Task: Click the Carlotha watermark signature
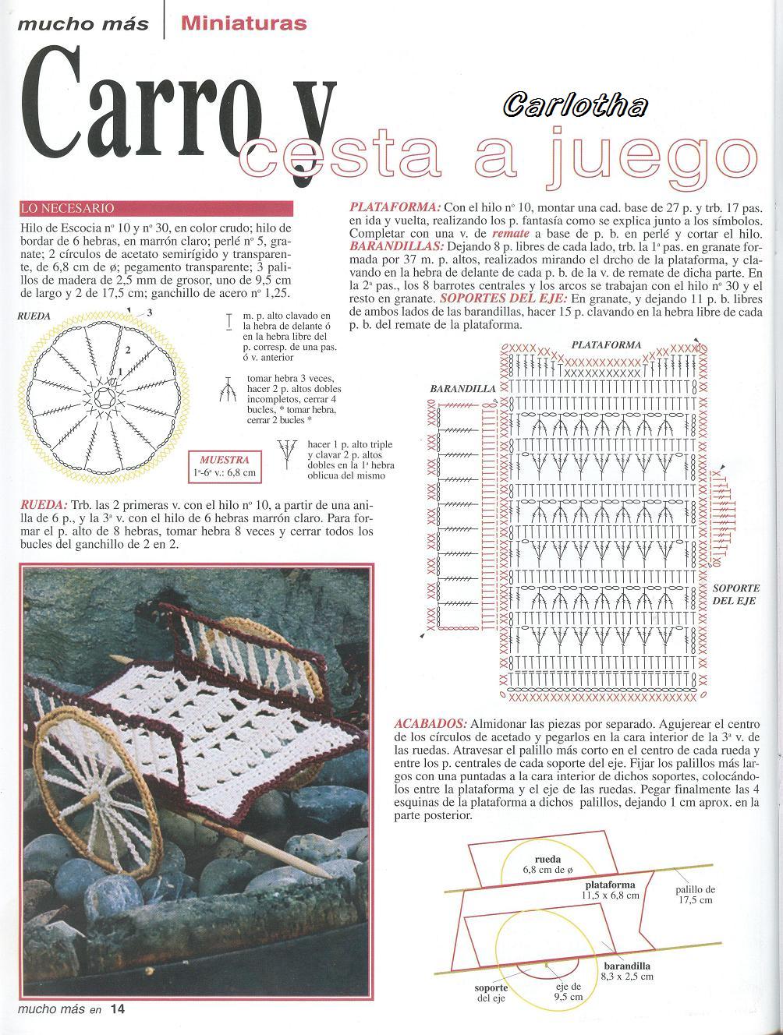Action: point(575,104)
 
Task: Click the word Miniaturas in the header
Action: point(243,23)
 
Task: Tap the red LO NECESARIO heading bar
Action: point(156,208)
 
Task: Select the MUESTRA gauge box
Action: point(225,466)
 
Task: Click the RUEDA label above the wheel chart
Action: point(34,316)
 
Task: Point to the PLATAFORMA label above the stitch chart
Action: point(606,344)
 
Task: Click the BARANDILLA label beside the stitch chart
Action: point(462,388)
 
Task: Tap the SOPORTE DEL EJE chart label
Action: point(734,594)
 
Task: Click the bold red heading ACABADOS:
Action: point(430,723)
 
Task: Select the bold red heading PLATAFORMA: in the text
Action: point(395,207)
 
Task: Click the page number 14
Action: point(117,1009)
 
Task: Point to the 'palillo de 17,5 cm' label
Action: point(695,894)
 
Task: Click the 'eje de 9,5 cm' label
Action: point(569,991)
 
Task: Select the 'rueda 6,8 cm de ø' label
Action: point(547,864)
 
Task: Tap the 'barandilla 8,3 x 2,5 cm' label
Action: point(627,970)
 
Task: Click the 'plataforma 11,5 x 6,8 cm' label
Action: point(610,890)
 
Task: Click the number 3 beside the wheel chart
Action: point(149,312)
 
